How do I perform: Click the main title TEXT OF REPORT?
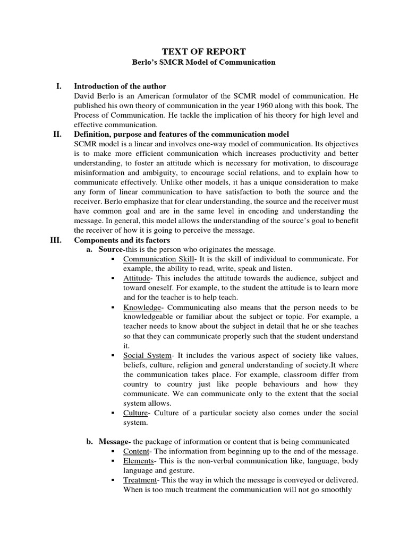pos(203,51)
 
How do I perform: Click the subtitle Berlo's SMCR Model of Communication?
pos(203,62)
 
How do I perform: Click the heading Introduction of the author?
pos(120,86)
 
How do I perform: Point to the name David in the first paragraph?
pos(85,96)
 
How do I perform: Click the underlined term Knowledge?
pos(142,307)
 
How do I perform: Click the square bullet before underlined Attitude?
pos(113,278)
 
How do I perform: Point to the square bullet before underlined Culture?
pos(113,413)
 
